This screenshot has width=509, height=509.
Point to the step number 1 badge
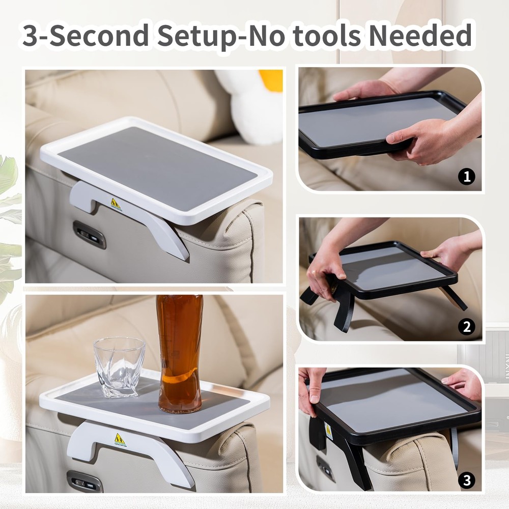(x=466, y=177)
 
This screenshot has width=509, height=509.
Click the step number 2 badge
(x=467, y=327)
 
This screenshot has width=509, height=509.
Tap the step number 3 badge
(x=467, y=480)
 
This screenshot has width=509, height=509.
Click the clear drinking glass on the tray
(x=119, y=367)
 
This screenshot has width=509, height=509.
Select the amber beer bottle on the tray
(x=180, y=354)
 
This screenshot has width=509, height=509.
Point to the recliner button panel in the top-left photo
(x=90, y=235)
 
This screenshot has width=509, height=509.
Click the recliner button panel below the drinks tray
(x=84, y=482)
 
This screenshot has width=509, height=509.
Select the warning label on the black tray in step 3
(x=328, y=432)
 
